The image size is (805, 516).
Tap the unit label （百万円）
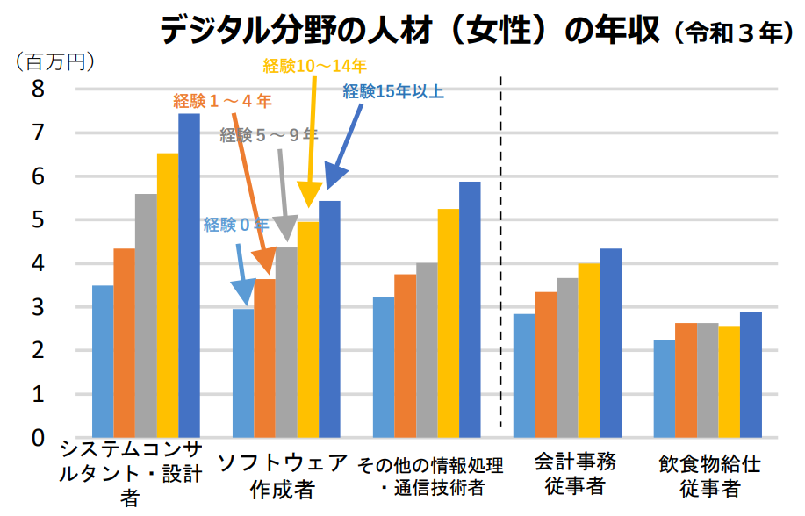pos(55,62)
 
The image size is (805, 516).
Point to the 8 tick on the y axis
pos(38,89)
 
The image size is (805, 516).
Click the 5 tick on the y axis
pos(38,219)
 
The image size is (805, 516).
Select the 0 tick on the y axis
pos(38,437)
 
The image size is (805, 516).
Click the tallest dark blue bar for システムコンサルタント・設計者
pos(189,276)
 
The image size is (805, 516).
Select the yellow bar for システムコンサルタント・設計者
pos(168,296)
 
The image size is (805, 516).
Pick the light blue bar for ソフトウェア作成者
pos(243,373)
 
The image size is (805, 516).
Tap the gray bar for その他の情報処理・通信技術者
pos(427,350)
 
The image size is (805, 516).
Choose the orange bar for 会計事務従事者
pos(545,364)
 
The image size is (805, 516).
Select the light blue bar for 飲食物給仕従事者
pos(665,389)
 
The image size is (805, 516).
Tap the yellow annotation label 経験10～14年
pos(314,65)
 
